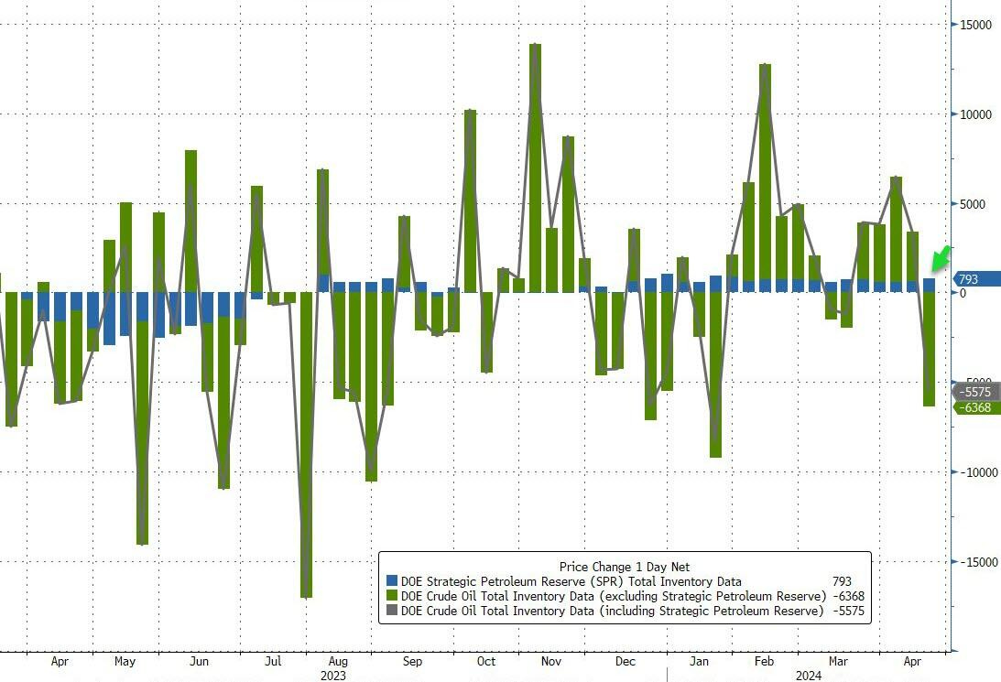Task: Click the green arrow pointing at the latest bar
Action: coord(940,259)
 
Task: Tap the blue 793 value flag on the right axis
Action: coord(977,279)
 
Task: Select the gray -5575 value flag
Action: coord(975,392)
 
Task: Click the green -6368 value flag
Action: coord(977,407)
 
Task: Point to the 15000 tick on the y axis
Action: coord(976,25)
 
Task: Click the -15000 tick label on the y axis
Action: coord(974,562)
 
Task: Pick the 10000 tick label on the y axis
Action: coord(976,114)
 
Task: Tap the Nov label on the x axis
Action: coord(551,661)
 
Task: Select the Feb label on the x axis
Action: coord(764,661)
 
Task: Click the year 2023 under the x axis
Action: coord(333,676)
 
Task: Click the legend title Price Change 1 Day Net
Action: coord(625,567)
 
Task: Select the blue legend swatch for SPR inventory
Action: coord(392,581)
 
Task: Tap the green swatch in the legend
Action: coord(392,596)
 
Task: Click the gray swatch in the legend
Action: coord(392,611)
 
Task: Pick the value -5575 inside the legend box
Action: coord(846,611)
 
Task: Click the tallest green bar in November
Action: coord(536,165)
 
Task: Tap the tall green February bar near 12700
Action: coord(765,174)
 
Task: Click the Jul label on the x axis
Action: coord(272,661)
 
